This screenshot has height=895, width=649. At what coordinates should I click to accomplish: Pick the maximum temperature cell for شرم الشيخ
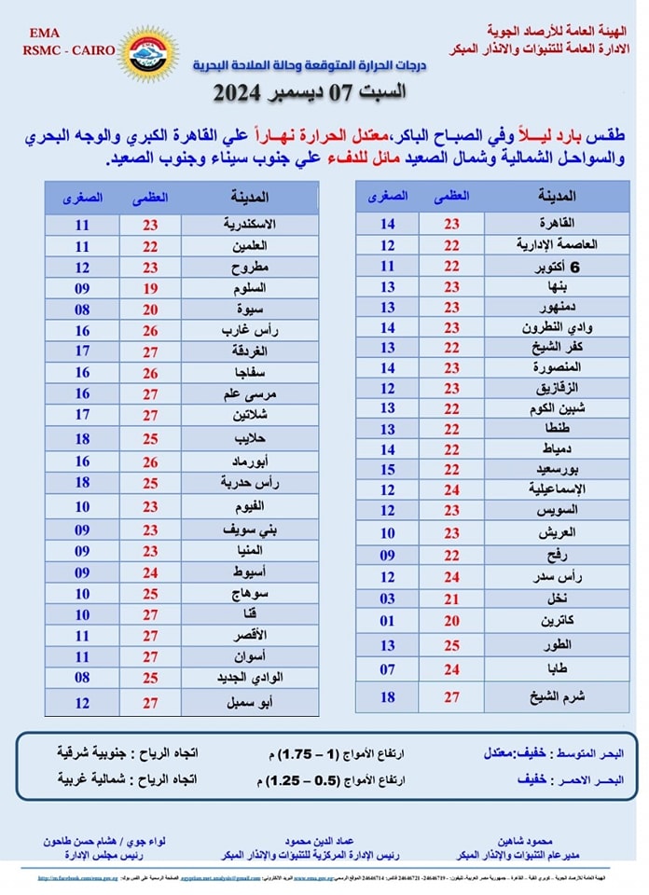[451, 696]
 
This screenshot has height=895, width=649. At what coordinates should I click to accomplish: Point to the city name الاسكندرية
[250, 226]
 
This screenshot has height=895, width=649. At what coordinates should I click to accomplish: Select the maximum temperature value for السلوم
[151, 288]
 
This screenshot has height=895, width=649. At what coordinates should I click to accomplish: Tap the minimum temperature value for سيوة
[82, 310]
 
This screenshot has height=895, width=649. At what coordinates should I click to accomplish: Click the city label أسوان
[250, 656]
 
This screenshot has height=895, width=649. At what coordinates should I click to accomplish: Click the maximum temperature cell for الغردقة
[151, 351]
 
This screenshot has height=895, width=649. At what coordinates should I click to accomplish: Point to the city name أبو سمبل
[250, 703]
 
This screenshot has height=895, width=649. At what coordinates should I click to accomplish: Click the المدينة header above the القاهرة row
[558, 197]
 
